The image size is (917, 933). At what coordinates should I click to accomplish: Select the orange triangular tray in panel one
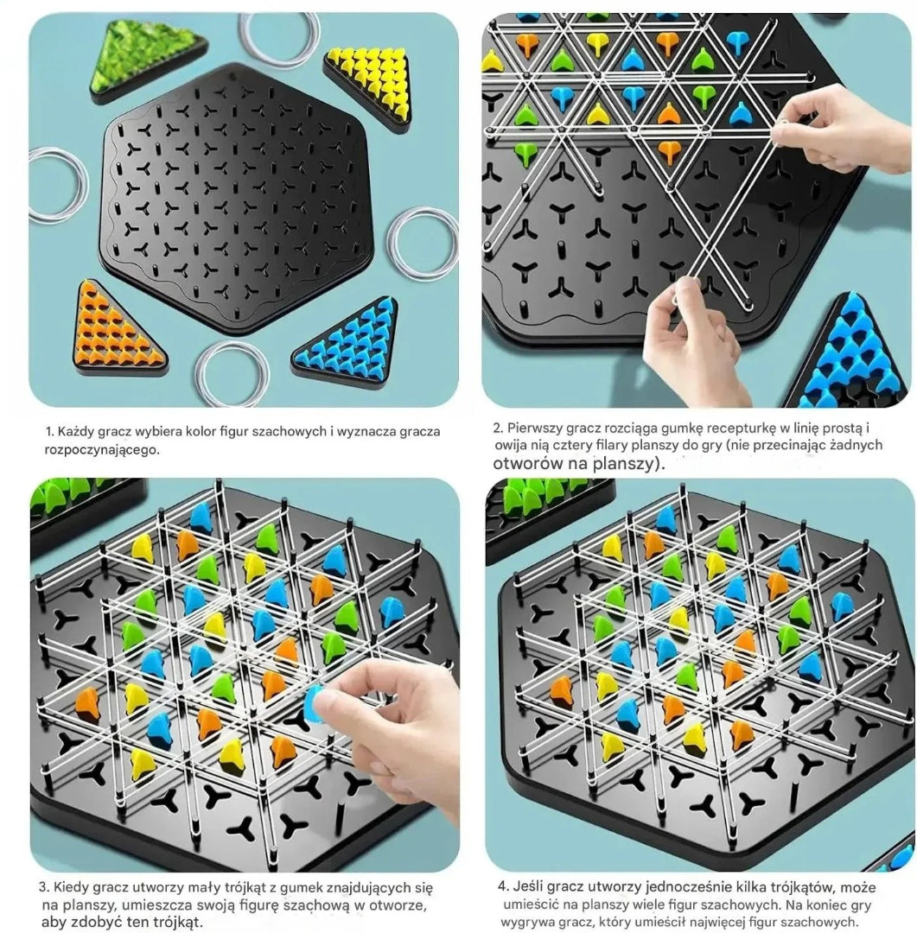[117, 329]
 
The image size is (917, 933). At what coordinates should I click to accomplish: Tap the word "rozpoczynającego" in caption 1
[103, 450]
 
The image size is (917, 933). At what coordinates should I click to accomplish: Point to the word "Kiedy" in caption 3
[70, 888]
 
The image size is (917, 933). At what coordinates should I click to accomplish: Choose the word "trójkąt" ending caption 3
[177, 923]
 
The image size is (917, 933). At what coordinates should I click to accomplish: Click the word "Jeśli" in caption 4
[529, 887]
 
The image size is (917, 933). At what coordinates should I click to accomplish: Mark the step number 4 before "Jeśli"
[502, 887]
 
